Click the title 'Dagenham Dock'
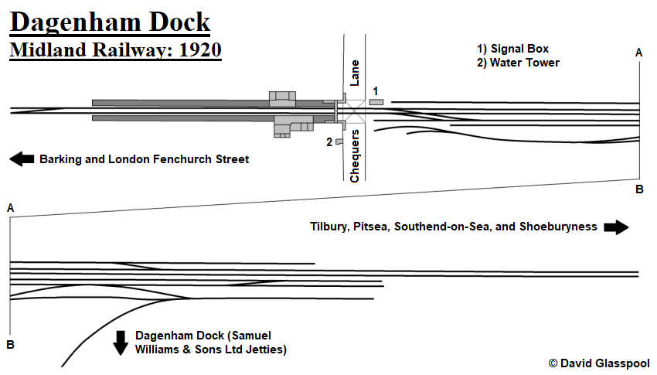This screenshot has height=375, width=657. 110,22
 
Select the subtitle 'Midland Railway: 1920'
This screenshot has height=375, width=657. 116,51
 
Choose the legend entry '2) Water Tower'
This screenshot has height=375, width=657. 518,63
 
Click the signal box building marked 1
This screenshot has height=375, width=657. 376,102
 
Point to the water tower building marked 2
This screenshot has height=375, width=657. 339,141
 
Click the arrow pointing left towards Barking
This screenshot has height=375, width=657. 22,159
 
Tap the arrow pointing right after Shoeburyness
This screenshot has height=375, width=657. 616,227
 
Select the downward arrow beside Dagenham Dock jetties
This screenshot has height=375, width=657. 121,342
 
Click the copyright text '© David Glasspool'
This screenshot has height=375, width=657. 599,363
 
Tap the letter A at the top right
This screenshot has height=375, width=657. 638,53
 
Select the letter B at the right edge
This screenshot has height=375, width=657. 639,189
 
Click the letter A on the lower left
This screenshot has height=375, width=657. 10,208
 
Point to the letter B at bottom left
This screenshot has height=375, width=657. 11,344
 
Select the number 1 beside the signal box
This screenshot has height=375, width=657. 375,91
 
